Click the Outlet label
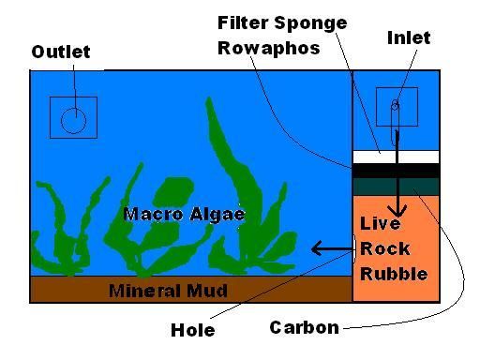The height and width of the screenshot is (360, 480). click(61, 52)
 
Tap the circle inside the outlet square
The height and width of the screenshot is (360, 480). click(73, 119)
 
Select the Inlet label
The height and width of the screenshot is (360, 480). click(408, 38)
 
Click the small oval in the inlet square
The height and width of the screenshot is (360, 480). click(396, 106)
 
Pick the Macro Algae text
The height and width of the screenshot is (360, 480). click(184, 215)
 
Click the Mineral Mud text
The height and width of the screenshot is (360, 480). click(167, 290)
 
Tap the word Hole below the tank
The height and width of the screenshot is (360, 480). click(193, 330)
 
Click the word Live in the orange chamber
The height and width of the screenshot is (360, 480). click(380, 224)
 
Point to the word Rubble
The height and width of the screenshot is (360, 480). click(394, 274)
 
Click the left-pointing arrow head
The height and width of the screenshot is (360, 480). click(316, 248)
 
